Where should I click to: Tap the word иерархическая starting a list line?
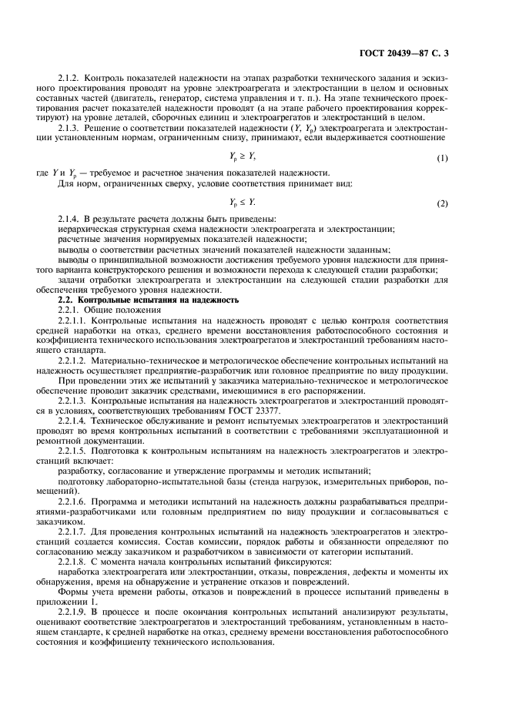pyautogui.click(x=85, y=230)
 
